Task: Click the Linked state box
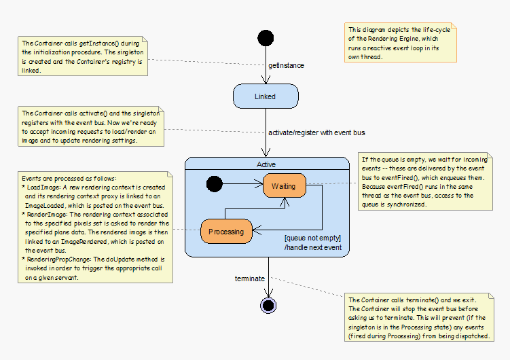pos(265,96)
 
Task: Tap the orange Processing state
pos(226,231)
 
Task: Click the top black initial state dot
pos(266,38)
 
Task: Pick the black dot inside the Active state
pos(214,183)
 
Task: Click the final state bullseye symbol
pos(268,305)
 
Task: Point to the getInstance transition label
pos(287,65)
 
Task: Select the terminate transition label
pos(250,278)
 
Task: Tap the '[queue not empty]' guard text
pos(312,238)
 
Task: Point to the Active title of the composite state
pos(266,164)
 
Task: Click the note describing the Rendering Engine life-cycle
pos(397,43)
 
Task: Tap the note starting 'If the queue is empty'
pos(427,181)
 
